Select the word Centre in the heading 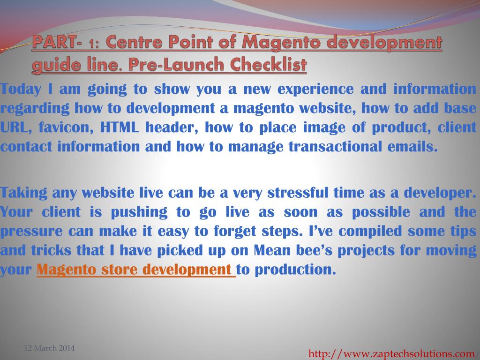pos(134,42)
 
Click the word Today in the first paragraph pos(21,90)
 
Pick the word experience pos(315,90)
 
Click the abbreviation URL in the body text pos(16,127)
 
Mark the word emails pos(412,146)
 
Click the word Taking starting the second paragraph pos(23,193)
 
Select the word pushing pos(139,212)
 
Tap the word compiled pos(370,232)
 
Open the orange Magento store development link pos(136,270)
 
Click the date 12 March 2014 pos(49,348)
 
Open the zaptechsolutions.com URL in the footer pos(391,354)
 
